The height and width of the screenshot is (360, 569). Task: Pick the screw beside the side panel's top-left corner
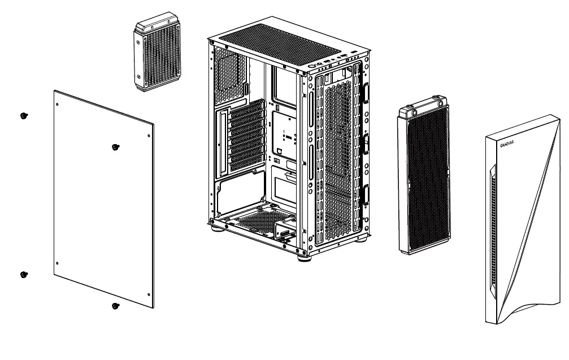tap(23, 115)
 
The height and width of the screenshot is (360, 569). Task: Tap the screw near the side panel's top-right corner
tap(115, 148)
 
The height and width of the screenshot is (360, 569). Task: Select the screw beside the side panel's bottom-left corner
tap(23, 275)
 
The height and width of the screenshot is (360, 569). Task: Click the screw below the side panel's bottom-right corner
tap(115, 307)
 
